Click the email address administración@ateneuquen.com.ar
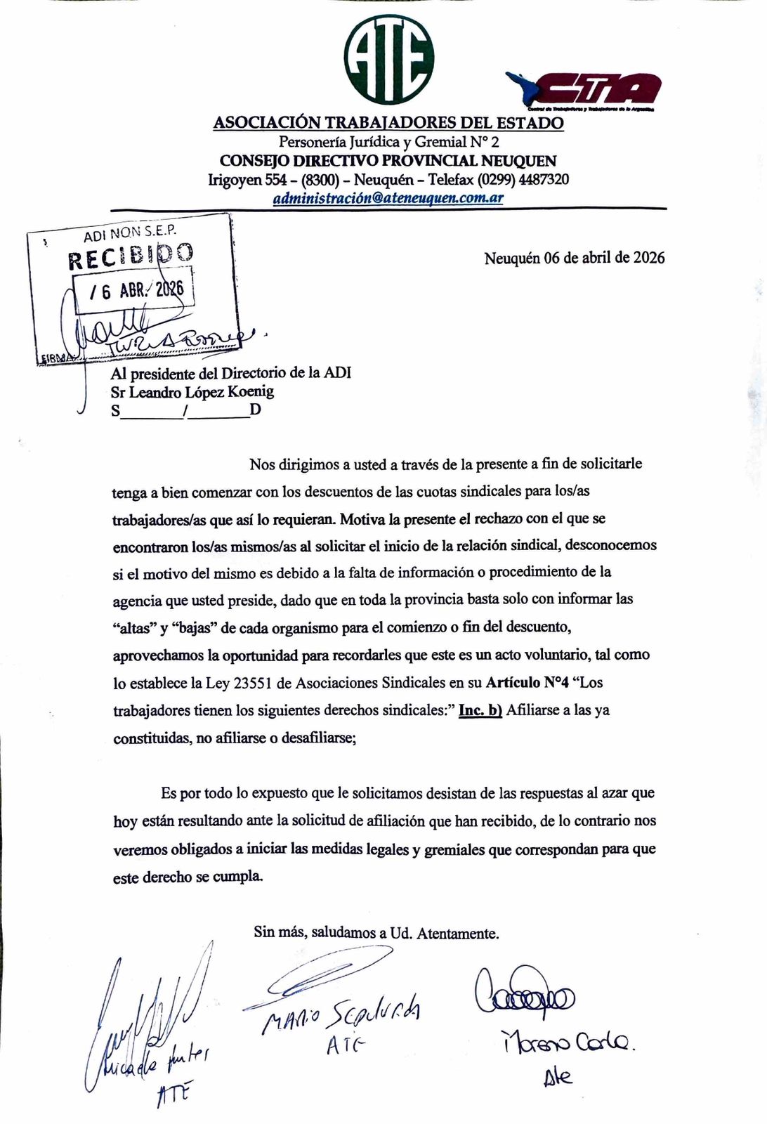pos(388,197)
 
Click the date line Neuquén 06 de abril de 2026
pos(574,258)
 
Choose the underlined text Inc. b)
pos(480,710)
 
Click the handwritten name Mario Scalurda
pos(341,1012)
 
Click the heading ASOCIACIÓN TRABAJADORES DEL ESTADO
pos(388,123)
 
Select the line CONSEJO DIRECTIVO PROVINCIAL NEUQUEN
pos(388,161)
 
